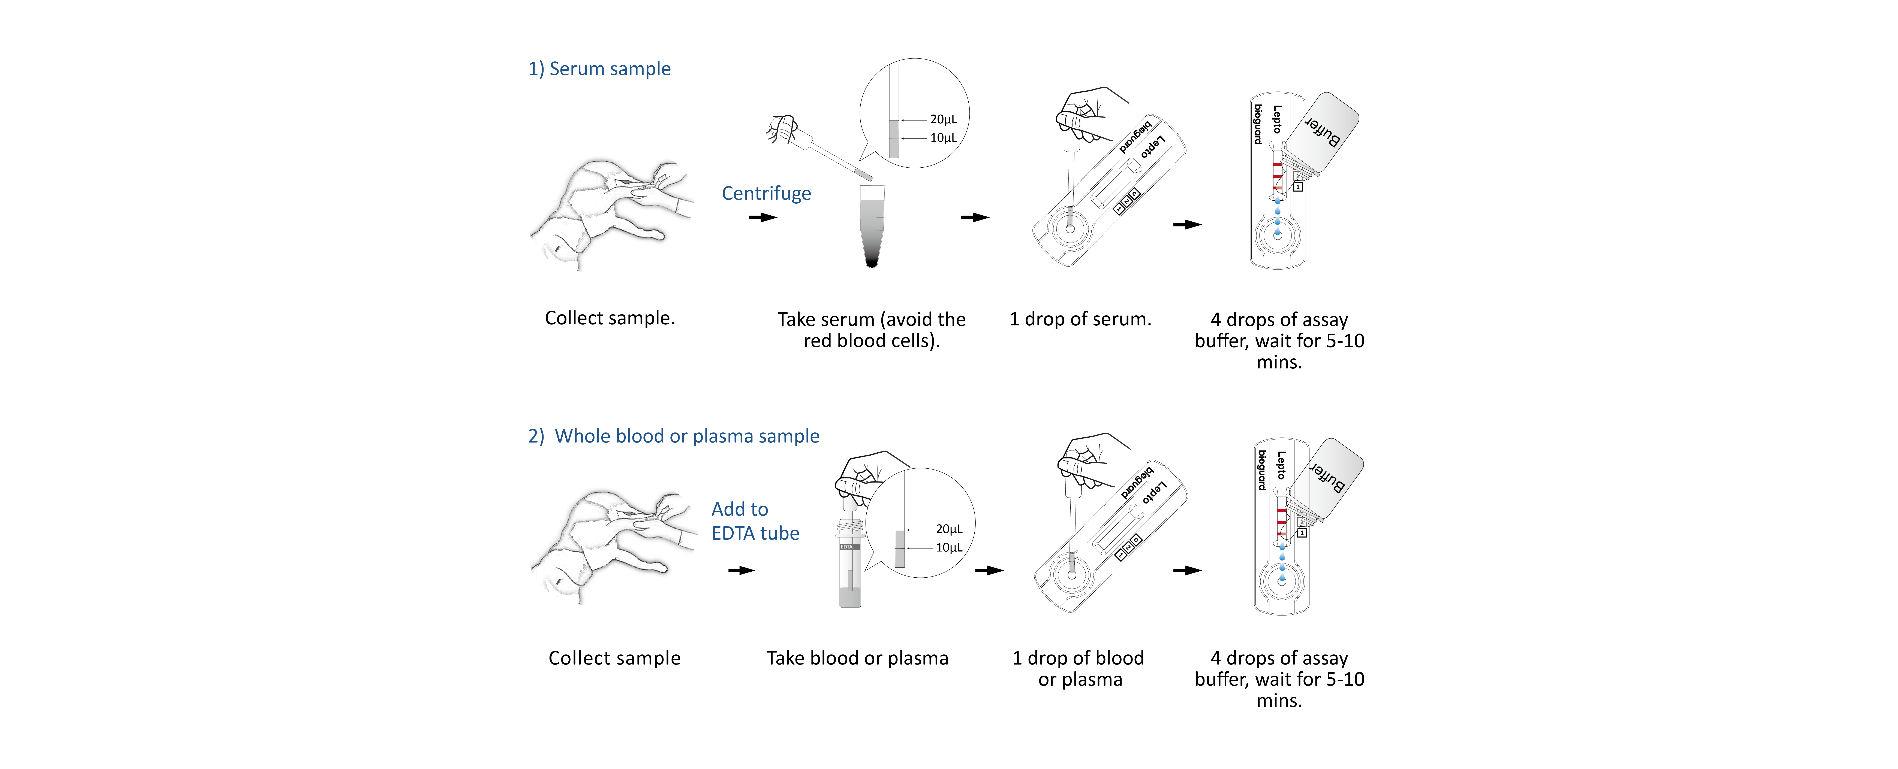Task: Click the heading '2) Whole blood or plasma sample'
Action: coord(673,436)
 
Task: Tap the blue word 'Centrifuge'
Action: coord(766,194)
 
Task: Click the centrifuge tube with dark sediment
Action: coord(872,226)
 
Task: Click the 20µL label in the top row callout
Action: coord(943,119)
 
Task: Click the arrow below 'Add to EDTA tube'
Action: coord(741,570)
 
